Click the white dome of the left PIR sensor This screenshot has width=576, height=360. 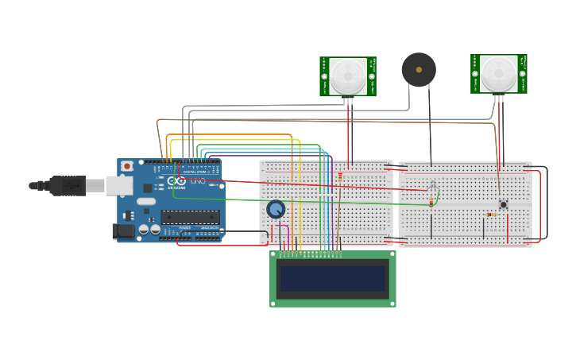(348, 75)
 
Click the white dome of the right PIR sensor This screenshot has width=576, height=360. (499, 73)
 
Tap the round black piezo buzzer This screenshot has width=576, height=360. (419, 70)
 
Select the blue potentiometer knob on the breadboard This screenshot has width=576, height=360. (275, 209)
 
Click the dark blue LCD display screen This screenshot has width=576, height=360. (332, 279)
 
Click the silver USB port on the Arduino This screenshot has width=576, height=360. (120, 185)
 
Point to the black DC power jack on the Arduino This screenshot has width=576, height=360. (123, 231)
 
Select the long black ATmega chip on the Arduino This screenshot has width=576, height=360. (190, 216)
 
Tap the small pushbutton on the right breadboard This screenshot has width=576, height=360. (503, 204)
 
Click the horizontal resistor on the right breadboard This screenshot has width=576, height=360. (492, 214)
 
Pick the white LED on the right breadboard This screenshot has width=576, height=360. (432, 188)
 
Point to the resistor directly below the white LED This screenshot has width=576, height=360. (431, 203)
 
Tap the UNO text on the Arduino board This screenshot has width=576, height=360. (198, 181)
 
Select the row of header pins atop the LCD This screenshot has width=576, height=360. (311, 254)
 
